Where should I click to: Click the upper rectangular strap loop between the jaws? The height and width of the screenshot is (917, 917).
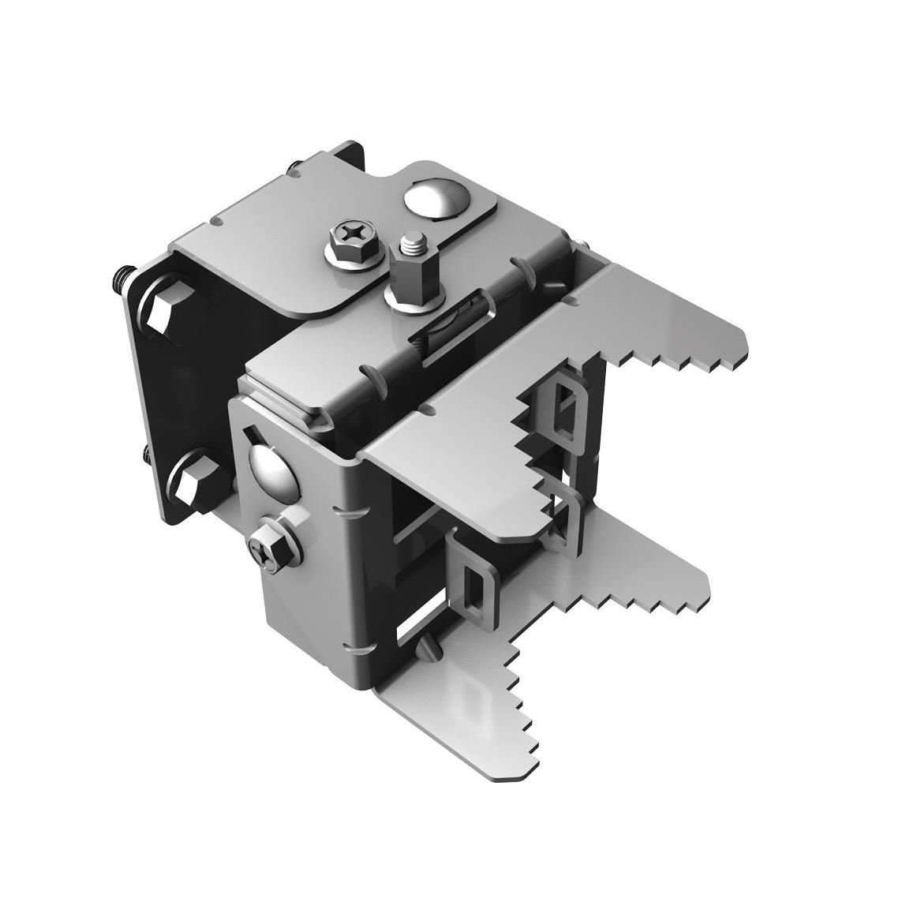tap(562, 410)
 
